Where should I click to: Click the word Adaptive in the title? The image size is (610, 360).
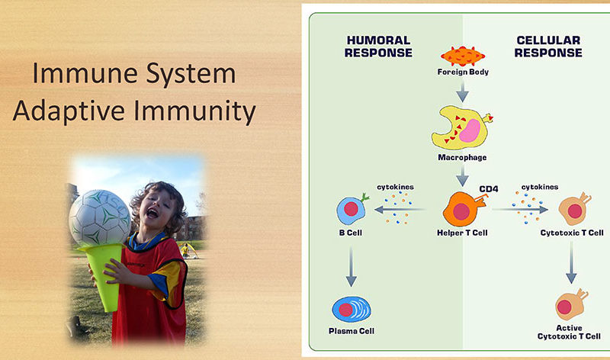(69, 111)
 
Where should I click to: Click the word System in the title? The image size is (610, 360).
(191, 73)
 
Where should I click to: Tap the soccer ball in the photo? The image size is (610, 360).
(100, 218)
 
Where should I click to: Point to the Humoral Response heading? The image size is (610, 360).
(378, 47)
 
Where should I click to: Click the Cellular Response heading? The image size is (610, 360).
(548, 47)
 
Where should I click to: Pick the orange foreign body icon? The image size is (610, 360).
(463, 56)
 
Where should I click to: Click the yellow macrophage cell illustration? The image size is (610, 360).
(462, 128)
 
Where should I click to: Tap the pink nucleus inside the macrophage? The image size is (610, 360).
(470, 130)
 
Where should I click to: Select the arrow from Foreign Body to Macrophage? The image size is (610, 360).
(462, 92)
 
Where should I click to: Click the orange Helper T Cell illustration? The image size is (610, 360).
(464, 209)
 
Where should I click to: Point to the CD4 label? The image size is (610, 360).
(489, 188)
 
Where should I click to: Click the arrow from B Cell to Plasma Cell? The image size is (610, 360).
(351, 266)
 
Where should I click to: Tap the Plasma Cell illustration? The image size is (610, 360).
(352, 310)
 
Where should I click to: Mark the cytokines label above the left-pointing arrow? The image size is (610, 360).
(395, 187)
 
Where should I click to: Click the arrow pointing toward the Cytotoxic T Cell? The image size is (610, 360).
(520, 210)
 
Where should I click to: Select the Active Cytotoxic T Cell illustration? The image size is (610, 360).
(571, 304)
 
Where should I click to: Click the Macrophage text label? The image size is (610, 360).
(462, 157)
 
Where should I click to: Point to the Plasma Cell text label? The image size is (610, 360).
(352, 331)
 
